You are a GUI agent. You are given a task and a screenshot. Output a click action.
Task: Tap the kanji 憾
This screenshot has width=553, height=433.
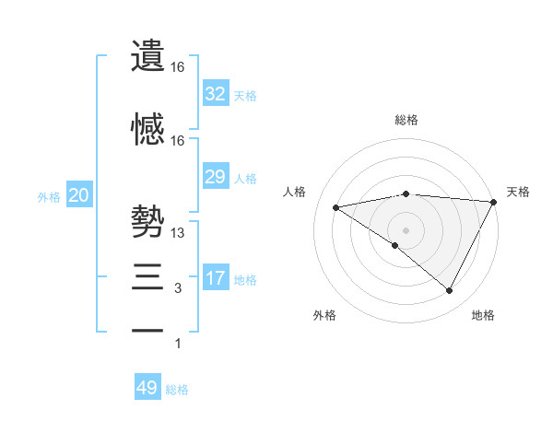(148, 130)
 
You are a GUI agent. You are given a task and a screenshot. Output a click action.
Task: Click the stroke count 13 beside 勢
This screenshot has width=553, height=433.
(179, 233)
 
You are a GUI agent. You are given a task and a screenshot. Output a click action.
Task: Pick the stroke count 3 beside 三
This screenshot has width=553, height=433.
(178, 288)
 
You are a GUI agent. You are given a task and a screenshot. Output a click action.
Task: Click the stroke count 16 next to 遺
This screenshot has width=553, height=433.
(178, 67)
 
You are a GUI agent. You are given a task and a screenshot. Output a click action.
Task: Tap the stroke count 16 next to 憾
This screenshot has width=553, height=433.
(178, 141)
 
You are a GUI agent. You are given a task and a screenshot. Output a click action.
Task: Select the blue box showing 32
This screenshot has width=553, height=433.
(215, 93)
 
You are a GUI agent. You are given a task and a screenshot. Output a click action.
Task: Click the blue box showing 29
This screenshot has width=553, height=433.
(215, 177)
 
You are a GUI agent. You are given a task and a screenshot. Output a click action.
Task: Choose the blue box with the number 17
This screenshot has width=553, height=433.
(215, 278)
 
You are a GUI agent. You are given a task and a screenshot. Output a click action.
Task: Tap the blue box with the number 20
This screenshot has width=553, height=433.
(78, 195)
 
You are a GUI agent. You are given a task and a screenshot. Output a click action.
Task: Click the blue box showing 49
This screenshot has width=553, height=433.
(147, 388)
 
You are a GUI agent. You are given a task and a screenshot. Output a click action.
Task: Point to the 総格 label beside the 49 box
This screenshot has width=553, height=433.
(177, 390)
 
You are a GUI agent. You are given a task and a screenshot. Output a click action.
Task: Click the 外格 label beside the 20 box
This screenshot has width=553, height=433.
(49, 197)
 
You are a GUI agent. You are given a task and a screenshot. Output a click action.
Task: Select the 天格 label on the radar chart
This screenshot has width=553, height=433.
(518, 192)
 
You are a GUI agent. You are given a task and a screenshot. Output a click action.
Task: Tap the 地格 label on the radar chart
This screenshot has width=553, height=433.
(483, 315)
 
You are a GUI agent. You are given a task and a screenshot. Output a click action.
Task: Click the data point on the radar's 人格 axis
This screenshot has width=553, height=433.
(336, 207)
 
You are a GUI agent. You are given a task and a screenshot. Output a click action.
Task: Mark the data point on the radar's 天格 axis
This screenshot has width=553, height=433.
(495, 202)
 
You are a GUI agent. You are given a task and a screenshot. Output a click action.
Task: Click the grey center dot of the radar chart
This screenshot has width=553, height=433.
(406, 229)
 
